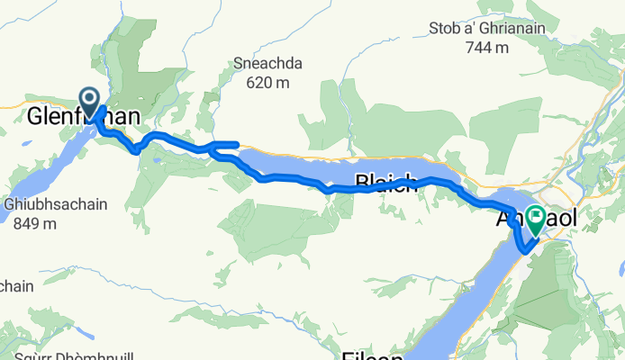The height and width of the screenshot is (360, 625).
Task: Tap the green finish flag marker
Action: (x=537, y=218)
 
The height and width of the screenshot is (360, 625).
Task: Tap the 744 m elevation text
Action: (x=493, y=47)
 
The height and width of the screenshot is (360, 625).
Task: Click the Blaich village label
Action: (x=386, y=184)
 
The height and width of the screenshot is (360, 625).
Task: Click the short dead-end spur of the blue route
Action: (x=226, y=143)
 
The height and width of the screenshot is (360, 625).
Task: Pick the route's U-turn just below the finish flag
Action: (x=525, y=249)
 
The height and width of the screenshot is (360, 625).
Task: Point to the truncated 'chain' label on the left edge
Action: (x=16, y=286)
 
